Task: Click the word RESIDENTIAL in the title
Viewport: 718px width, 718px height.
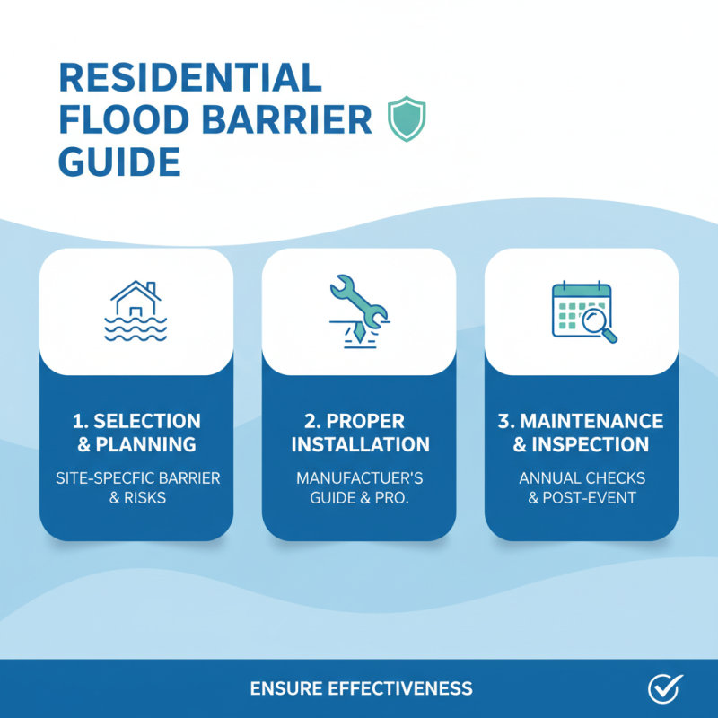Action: point(189,78)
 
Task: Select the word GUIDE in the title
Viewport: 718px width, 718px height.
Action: point(119,162)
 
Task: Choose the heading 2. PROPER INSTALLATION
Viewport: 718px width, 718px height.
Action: point(359,433)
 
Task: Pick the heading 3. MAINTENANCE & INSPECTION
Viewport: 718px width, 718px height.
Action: point(582,433)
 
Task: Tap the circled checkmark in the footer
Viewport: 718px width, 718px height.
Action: point(665,688)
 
